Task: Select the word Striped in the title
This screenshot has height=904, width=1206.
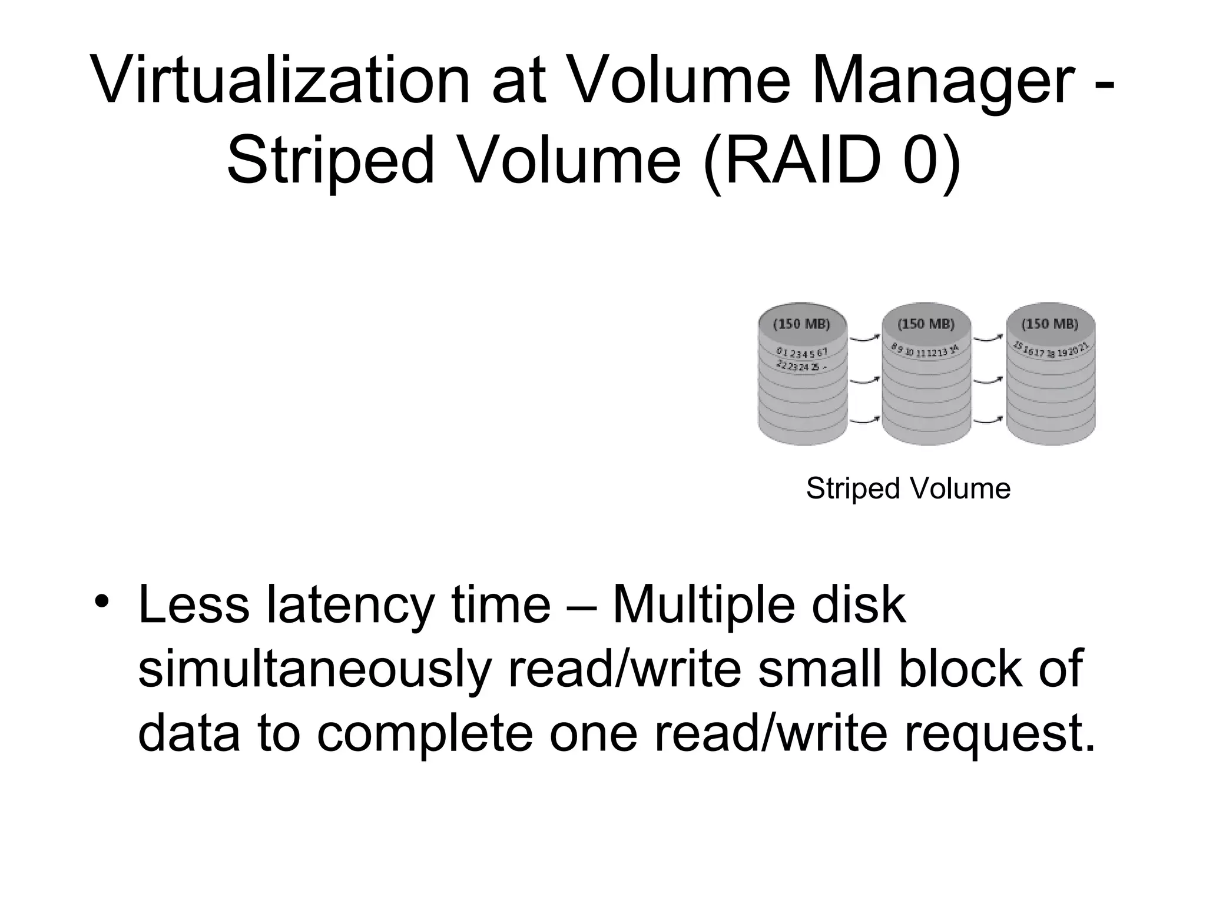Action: tap(330, 159)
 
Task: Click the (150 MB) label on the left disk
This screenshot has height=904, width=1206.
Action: tap(801, 324)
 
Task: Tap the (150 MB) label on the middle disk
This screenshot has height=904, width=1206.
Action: tap(926, 324)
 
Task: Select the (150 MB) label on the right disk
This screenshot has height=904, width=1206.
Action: tap(1050, 324)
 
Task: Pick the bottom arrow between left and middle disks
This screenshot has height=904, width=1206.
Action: tap(865, 420)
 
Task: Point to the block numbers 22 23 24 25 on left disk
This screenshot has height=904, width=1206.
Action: tap(798, 366)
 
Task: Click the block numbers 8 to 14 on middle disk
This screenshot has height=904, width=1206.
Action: tap(925, 351)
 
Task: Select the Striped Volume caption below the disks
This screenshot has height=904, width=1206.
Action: tap(907, 488)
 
